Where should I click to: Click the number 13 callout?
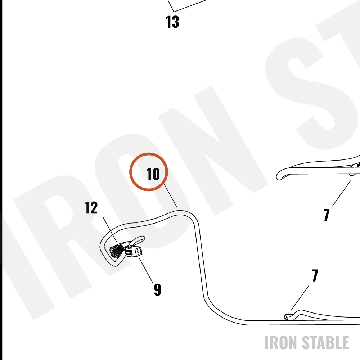172,22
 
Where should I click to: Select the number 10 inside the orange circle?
153,174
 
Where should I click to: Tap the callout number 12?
91,208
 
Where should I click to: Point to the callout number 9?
157,290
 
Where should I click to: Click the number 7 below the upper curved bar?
327,215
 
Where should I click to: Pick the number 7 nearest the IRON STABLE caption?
315,275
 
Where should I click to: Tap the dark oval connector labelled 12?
117,250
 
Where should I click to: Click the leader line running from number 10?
171,196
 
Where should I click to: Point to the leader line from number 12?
110,230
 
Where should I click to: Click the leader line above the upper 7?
341,194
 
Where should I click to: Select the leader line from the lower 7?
300,298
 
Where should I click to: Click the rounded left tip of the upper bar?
278,176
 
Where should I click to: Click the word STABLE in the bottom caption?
325,343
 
